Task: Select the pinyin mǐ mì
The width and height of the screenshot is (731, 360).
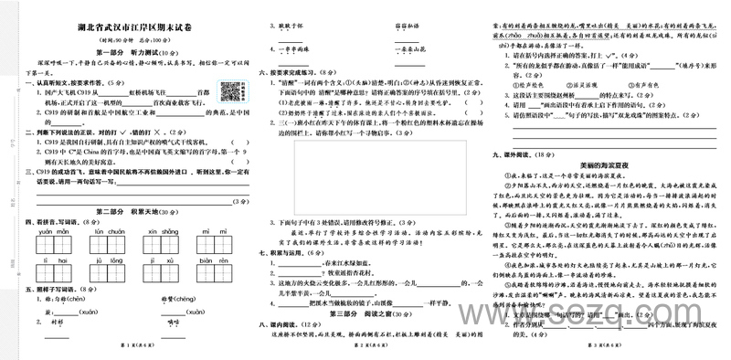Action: (219, 232)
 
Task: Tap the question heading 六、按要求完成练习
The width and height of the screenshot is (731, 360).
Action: (293, 70)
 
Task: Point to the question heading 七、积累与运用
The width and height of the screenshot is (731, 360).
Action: (287, 250)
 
